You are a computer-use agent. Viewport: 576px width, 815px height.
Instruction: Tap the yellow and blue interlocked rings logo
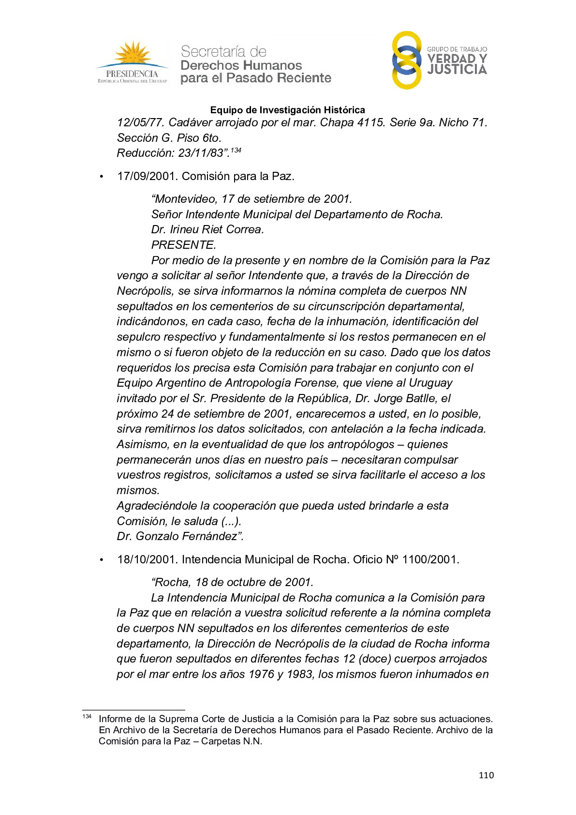(x=407, y=60)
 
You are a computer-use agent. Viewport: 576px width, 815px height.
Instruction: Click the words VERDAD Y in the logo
(x=457, y=59)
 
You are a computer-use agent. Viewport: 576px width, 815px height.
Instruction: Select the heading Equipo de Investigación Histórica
(x=288, y=110)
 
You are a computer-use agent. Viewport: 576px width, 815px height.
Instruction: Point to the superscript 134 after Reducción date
(x=236, y=151)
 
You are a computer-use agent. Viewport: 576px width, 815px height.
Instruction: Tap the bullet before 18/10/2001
(x=102, y=560)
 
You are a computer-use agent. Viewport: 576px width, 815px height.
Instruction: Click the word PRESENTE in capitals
(x=183, y=245)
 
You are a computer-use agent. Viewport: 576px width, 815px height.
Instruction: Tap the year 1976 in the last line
(x=261, y=674)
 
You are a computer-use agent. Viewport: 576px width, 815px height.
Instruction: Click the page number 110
(x=486, y=775)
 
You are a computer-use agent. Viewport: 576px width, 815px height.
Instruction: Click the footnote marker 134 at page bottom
(x=87, y=716)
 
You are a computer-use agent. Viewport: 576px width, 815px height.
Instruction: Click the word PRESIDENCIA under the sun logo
(x=132, y=74)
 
